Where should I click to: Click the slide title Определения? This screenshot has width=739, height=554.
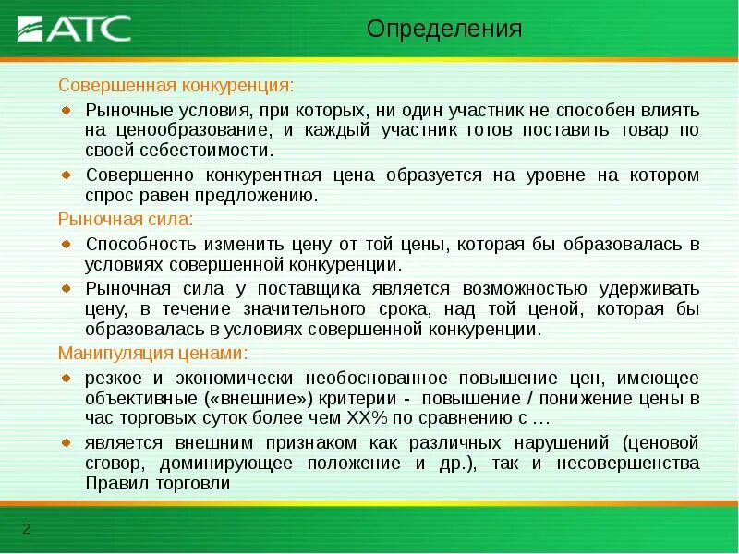pyautogui.click(x=444, y=30)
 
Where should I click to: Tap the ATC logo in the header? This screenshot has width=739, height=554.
pyautogui.click(x=75, y=28)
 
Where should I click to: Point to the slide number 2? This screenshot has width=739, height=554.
pyautogui.click(x=26, y=529)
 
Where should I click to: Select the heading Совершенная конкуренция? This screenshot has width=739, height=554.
pyautogui.click(x=176, y=85)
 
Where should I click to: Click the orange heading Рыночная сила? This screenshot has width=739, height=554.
pyautogui.click(x=126, y=220)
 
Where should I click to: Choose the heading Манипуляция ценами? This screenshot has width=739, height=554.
pyautogui.click(x=153, y=354)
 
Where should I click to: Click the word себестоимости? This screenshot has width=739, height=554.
pyautogui.click(x=204, y=151)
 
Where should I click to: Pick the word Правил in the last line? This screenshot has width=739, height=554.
pyautogui.click(x=114, y=483)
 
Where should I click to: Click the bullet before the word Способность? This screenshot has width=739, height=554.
pyautogui.click(x=66, y=244)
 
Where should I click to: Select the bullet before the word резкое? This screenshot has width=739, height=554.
pyautogui.click(x=66, y=378)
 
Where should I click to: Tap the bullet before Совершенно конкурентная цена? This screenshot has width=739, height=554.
pyautogui.click(x=66, y=174)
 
